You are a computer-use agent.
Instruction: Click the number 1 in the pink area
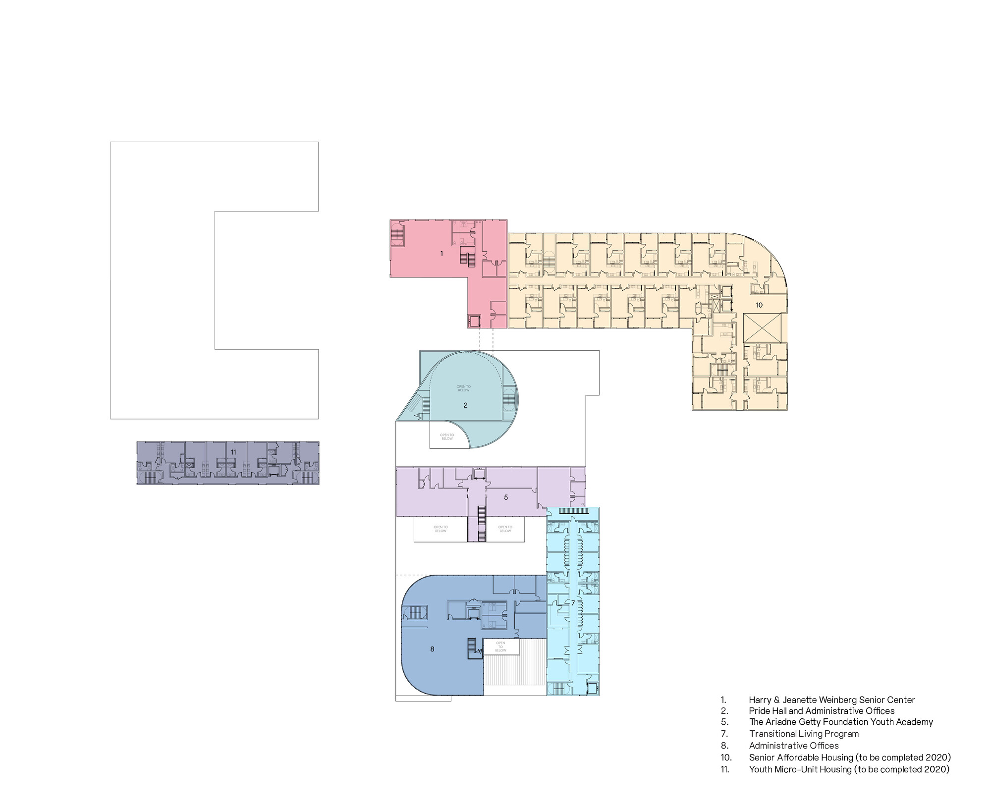[441, 253]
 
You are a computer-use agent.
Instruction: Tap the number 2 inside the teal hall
[465, 405]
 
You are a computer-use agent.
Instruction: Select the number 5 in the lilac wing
[506, 497]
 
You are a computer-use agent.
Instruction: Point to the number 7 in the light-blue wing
[573, 603]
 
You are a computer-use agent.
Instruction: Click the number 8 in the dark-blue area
[432, 649]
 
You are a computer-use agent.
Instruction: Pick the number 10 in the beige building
[759, 305]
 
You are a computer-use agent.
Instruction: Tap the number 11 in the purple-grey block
[233, 452]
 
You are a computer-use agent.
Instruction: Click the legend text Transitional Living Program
[804, 734]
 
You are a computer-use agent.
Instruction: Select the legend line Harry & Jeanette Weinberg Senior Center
[832, 700]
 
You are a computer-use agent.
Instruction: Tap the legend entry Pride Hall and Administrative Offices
[822, 711]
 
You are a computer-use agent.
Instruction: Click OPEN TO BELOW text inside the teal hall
[464, 388]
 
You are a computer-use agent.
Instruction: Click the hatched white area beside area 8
[514, 669]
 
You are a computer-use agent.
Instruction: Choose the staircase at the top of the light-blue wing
[573, 511]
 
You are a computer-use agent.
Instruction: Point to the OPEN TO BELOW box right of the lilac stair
[505, 530]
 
